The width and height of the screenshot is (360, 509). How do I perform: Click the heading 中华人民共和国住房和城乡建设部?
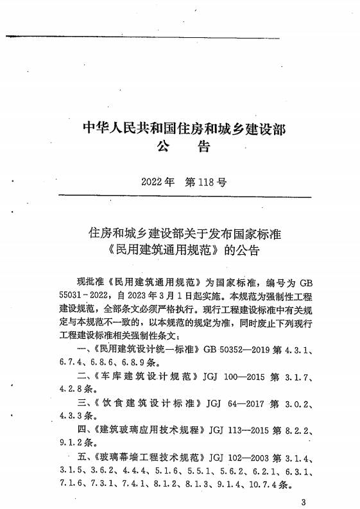coord(185,127)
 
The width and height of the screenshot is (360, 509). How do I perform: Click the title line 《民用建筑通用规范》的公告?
coord(185,248)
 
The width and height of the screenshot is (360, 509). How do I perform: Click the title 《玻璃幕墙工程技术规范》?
coord(148,457)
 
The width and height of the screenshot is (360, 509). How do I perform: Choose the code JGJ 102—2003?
coord(238,457)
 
